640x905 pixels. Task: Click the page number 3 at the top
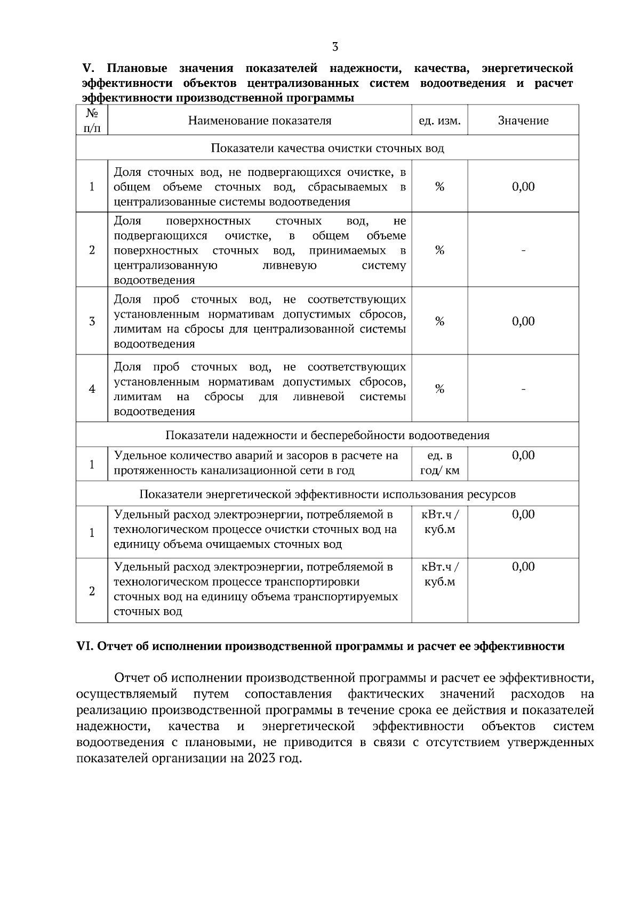coord(335,46)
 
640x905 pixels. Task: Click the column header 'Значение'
coord(523,121)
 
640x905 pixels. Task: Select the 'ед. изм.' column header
coord(439,121)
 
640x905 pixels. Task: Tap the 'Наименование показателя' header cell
coord(260,121)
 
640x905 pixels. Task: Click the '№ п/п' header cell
coord(92,120)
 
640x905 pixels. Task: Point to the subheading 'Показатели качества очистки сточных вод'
coord(327,148)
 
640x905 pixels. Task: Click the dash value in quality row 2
coord(523,250)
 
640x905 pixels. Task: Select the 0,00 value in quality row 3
coord(523,321)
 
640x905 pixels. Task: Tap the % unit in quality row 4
coord(439,389)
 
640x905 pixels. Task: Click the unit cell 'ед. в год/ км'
coord(439,464)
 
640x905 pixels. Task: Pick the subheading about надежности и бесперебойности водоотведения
coord(327,435)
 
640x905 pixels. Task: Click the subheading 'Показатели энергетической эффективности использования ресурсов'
coord(327,494)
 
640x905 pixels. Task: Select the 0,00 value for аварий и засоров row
coord(523,455)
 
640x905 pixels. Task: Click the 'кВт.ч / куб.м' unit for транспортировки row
coord(439,574)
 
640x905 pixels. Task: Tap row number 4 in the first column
coord(92,389)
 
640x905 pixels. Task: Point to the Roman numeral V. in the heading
coord(87,68)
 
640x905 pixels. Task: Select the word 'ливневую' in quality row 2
coord(290,265)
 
